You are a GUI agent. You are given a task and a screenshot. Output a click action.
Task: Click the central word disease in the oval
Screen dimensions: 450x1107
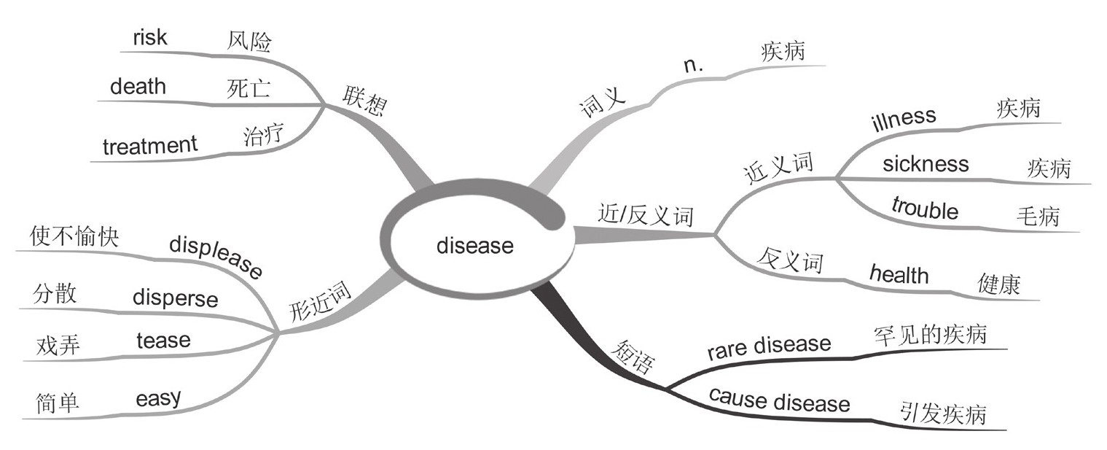pyautogui.click(x=474, y=245)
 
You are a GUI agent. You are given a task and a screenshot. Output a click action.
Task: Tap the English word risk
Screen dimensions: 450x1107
pyautogui.click(x=149, y=38)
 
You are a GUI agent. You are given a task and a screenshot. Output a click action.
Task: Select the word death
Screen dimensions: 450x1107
pyautogui.click(x=138, y=87)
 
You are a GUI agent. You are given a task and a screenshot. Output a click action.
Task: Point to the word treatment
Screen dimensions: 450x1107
pyautogui.click(x=149, y=145)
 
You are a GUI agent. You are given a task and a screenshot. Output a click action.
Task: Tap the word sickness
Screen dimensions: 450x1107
pyautogui.click(x=926, y=163)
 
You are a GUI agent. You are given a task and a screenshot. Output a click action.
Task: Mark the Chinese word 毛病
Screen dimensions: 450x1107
pyautogui.click(x=1037, y=217)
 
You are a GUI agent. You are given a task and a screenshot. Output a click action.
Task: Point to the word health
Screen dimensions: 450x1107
pyautogui.click(x=899, y=274)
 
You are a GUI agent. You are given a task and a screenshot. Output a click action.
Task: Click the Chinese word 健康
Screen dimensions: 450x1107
pyautogui.click(x=998, y=284)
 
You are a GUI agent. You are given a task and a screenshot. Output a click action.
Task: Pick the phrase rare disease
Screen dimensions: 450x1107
pyautogui.click(x=769, y=347)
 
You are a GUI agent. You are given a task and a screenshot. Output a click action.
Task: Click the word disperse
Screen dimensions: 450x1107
pyautogui.click(x=175, y=298)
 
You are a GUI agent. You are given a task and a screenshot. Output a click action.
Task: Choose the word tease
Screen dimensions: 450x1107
pyautogui.click(x=163, y=339)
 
